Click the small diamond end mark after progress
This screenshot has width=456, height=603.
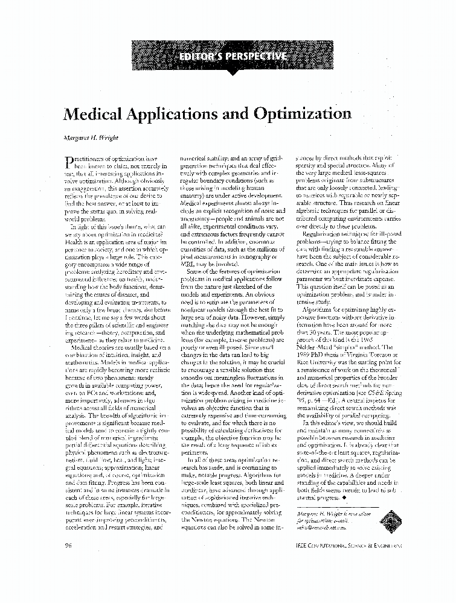(344, 498)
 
